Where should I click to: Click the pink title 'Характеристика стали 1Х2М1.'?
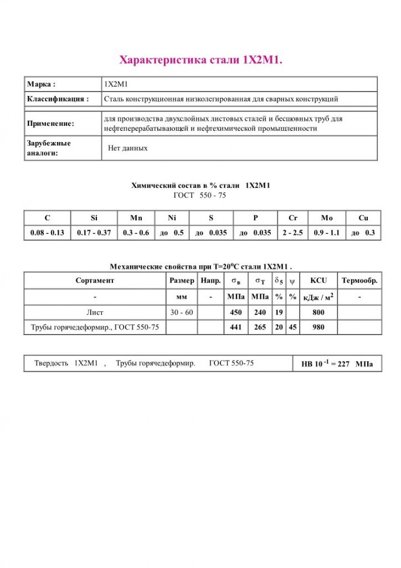click(x=201, y=60)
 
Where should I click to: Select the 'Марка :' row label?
click(x=42, y=84)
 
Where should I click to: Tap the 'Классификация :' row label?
click(x=58, y=99)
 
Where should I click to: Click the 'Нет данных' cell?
click(x=128, y=149)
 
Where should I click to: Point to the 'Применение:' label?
click(x=50, y=124)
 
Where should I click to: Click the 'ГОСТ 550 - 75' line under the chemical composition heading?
click(x=200, y=195)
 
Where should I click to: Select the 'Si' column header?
click(x=94, y=218)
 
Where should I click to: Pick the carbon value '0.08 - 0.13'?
click(x=47, y=233)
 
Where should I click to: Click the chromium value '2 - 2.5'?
click(x=292, y=233)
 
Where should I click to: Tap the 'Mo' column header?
click(x=327, y=218)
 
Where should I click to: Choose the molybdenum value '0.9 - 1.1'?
click(x=326, y=233)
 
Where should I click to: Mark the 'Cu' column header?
click(x=363, y=218)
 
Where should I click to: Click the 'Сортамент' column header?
click(x=95, y=281)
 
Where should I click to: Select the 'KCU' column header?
click(x=318, y=281)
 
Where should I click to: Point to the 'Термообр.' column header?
click(x=359, y=281)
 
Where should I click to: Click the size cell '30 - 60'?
click(x=182, y=312)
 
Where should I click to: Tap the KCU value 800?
click(x=318, y=312)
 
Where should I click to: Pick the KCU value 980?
click(x=318, y=327)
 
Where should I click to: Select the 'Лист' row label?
click(x=95, y=312)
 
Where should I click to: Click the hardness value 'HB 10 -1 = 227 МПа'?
click(x=337, y=364)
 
